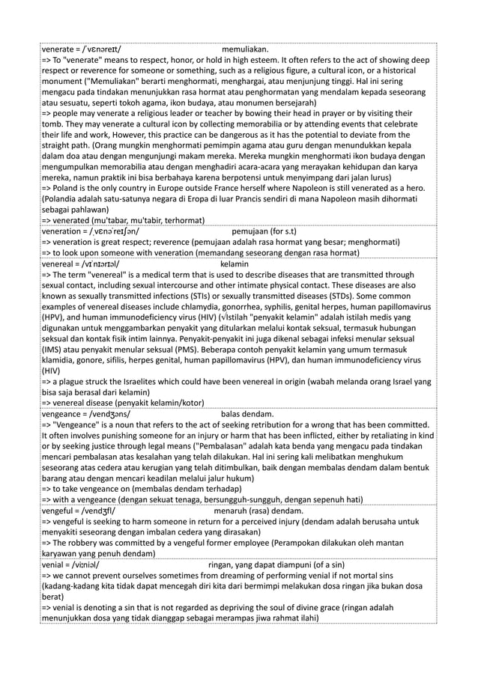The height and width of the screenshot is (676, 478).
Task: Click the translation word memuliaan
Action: click(245, 49)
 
